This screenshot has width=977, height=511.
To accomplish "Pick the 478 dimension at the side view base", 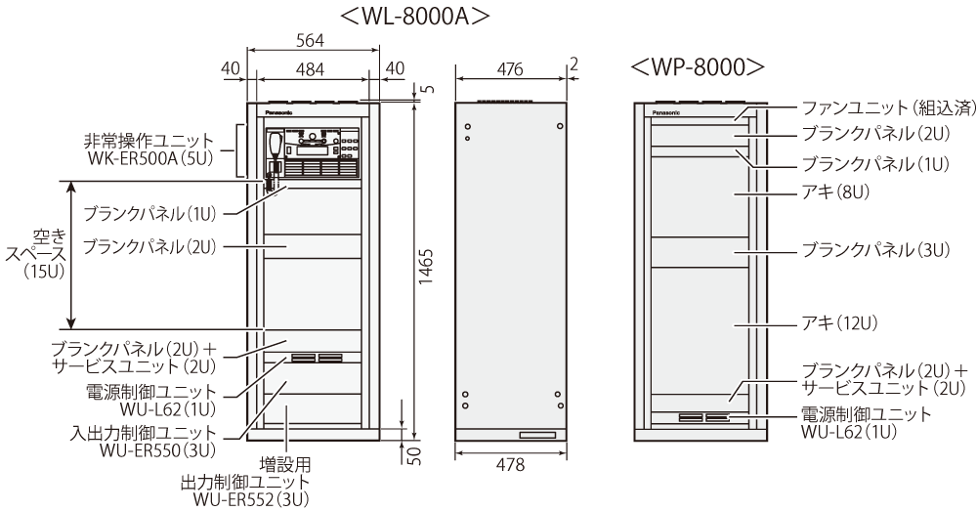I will pos(512,466).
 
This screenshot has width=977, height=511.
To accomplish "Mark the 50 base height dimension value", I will pos(415,456).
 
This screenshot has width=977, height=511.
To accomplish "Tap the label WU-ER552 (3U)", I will pos(252,499).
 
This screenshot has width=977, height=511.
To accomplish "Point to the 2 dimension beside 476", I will pos(574,64).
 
